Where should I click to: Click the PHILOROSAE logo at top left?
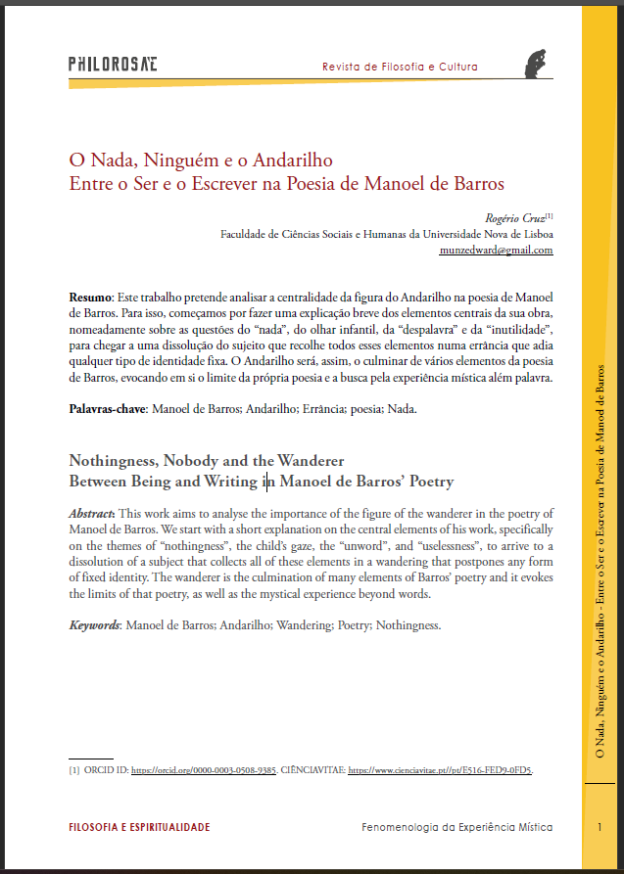(113, 65)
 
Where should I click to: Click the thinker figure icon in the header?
(534, 62)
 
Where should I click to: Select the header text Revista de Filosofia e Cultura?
(400, 68)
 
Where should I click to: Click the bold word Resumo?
(90, 296)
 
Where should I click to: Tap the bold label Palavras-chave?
(106, 409)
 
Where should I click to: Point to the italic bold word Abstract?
(92, 514)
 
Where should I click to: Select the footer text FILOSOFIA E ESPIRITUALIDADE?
(139, 828)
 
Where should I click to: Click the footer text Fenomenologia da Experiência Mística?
(457, 828)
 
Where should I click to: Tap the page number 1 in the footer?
(599, 828)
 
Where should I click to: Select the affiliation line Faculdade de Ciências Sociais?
(387, 234)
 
